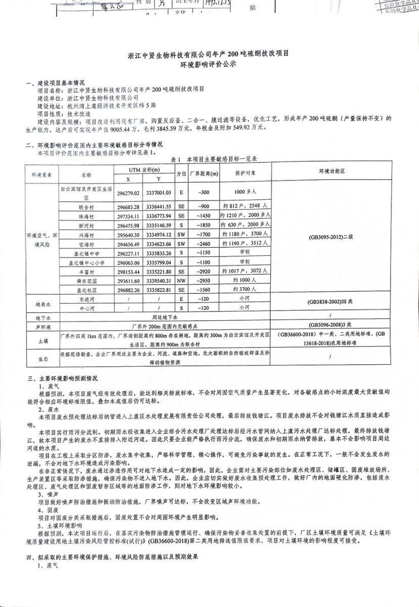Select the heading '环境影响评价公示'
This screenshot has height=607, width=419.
pos(208,65)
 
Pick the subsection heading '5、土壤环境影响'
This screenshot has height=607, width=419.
pos(57,525)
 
